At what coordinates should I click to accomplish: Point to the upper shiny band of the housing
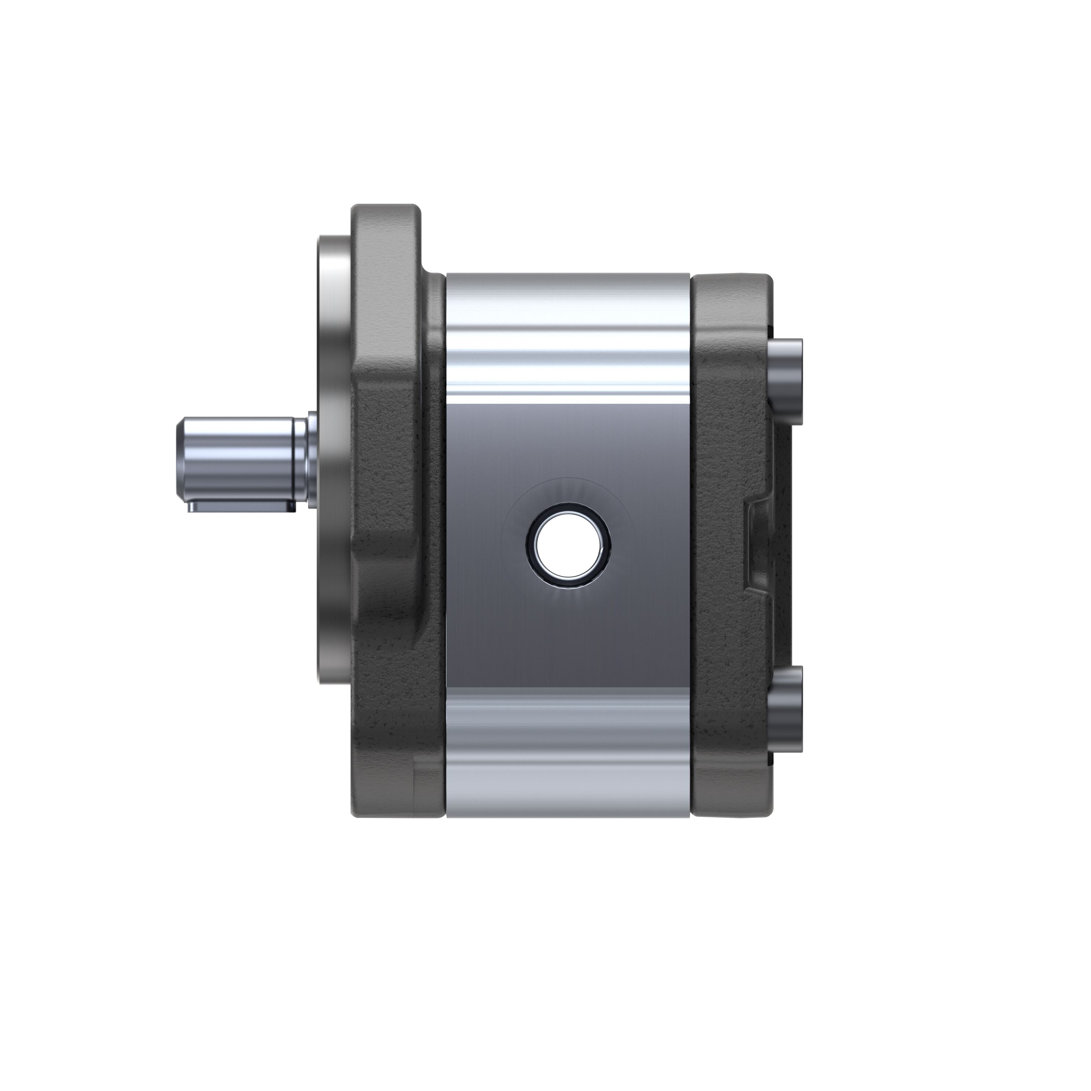pyautogui.click(x=567, y=327)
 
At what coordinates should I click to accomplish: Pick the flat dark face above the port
pyautogui.click(x=567, y=440)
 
